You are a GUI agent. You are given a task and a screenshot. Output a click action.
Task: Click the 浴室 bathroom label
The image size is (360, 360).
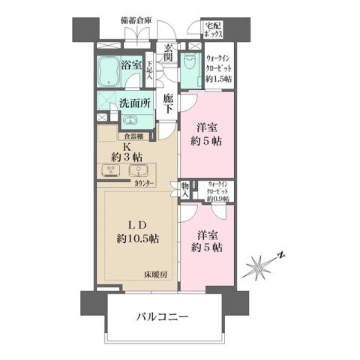(132, 65)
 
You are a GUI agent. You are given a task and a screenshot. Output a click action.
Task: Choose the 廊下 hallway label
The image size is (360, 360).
(168, 103)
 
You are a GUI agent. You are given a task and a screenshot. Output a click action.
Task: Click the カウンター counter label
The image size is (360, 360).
(145, 183)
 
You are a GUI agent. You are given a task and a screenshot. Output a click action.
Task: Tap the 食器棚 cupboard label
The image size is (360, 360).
(135, 136)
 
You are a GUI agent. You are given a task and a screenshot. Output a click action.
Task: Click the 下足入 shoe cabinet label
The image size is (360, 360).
(150, 69)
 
